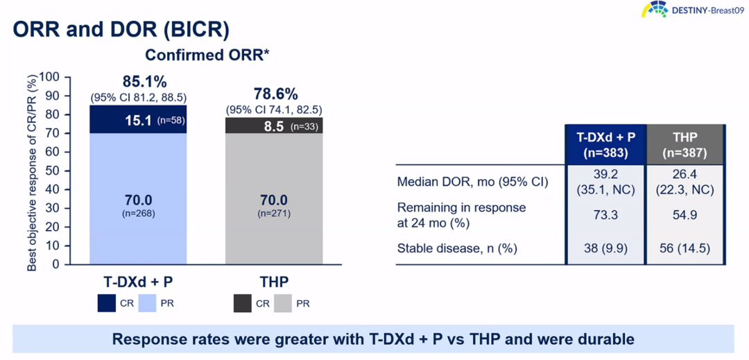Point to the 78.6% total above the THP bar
274,94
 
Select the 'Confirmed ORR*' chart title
207,55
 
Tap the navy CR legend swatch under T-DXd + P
106,303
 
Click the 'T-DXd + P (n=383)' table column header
605,144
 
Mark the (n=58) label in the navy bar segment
171,120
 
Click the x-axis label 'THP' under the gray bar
274,282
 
